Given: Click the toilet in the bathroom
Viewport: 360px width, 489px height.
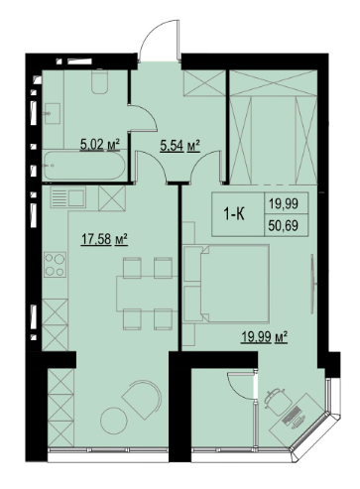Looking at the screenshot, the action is tap(99, 82).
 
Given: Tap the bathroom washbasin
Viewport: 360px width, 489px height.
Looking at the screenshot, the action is tap(52, 113).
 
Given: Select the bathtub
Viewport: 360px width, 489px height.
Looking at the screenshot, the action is tap(83, 166).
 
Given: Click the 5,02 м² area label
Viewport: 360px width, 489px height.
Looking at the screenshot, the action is tap(100, 145).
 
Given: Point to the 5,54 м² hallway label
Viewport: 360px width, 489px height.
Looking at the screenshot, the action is tap(180, 146).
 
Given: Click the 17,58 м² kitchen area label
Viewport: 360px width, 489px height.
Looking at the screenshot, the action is tap(104, 239).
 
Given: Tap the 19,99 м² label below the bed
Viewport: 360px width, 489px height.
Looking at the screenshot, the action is tap(264, 337).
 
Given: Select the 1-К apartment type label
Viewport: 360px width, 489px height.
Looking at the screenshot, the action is tap(234, 215).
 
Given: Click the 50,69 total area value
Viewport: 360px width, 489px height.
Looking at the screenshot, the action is tap(284, 226).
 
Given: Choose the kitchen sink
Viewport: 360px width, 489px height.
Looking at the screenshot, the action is tap(68, 197).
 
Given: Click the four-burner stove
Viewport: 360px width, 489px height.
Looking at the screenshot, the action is tap(55, 265).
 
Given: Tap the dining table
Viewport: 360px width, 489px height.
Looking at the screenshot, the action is tap(148, 294).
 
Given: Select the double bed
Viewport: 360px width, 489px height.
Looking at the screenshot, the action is tap(226, 283).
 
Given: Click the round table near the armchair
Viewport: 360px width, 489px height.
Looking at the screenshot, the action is tap(114, 421).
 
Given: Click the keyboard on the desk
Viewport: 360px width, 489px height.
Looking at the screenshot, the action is tap(292, 413).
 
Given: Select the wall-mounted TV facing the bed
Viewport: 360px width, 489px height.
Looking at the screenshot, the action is tap(312, 284).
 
